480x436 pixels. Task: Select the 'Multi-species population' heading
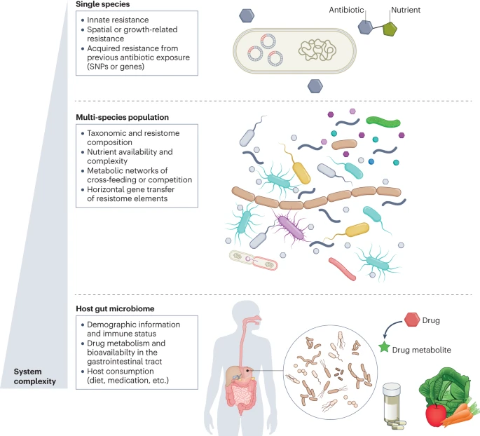[x=127, y=116]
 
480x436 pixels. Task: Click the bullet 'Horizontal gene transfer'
[x=135, y=190]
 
